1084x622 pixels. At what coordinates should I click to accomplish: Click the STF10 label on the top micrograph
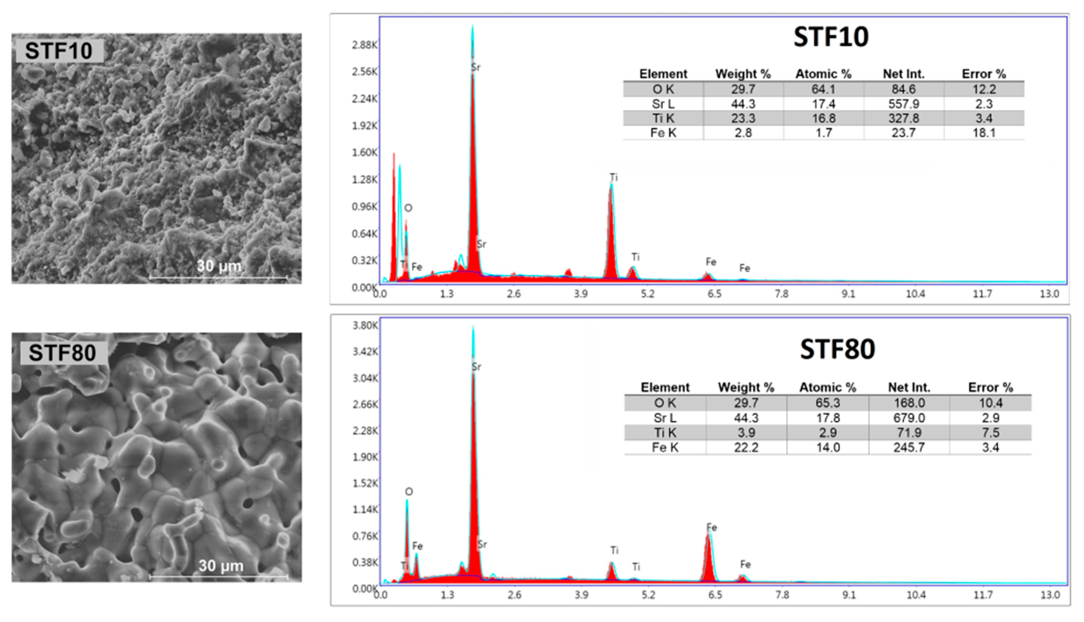[59, 51]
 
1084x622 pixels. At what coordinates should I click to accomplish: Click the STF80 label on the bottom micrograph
[62, 353]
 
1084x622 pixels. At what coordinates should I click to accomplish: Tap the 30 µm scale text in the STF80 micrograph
[221, 566]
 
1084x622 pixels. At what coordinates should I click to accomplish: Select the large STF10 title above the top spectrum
[831, 37]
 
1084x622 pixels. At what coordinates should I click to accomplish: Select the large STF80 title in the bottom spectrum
[837, 349]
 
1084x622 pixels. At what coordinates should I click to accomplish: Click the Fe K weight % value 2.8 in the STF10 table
[743, 133]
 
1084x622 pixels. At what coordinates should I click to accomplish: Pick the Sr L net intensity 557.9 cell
[903, 104]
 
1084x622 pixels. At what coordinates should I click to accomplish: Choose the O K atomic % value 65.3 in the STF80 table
[827, 403]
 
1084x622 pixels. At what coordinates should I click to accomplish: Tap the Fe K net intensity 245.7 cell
[909, 447]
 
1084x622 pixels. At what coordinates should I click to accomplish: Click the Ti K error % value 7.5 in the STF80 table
[990, 433]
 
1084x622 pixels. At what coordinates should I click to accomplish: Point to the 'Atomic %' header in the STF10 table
[823, 74]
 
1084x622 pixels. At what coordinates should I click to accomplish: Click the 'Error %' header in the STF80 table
[990, 388]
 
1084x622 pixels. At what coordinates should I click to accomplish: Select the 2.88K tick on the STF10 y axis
[364, 45]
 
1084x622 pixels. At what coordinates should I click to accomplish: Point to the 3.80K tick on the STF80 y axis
[365, 326]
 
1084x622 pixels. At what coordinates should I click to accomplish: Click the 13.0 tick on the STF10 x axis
[1049, 294]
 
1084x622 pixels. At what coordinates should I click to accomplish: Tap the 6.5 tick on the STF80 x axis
[715, 595]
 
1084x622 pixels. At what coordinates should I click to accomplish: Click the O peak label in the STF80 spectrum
[409, 492]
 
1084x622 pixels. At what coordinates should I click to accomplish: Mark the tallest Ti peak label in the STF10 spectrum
[613, 177]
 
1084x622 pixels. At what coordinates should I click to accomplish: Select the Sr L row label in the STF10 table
[663, 104]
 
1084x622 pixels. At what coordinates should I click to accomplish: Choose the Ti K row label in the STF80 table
[665, 433]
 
